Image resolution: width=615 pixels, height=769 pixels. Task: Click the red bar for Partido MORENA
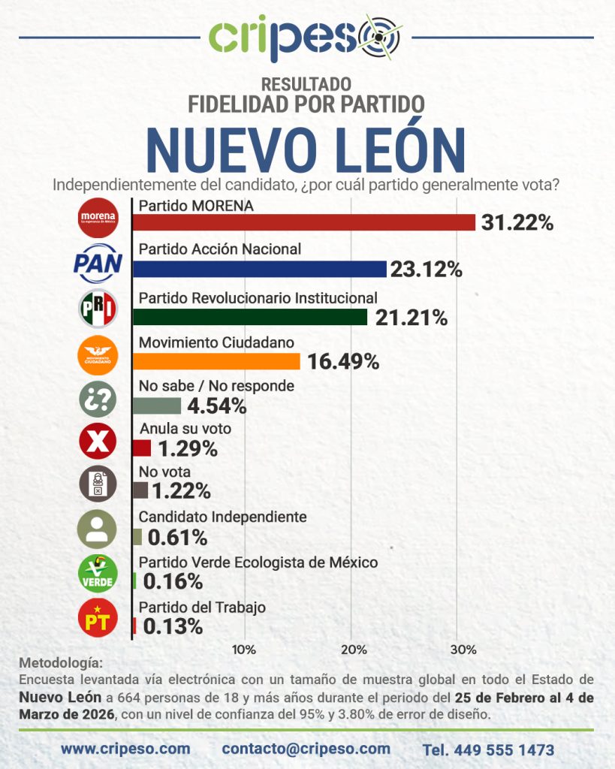(x=303, y=222)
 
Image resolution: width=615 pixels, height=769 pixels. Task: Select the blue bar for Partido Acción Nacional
(x=259, y=269)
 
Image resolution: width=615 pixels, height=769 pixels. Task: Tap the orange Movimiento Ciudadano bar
(x=216, y=361)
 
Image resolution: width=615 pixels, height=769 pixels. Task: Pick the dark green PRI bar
(x=249, y=317)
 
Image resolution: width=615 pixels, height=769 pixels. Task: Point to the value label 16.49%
(x=342, y=362)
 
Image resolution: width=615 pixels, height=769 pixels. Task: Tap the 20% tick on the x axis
(x=354, y=649)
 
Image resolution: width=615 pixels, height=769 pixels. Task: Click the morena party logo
(x=98, y=218)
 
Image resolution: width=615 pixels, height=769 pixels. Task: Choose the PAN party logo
(x=98, y=262)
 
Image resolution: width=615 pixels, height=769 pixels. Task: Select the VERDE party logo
(x=98, y=574)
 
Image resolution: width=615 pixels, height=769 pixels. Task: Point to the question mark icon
(x=98, y=398)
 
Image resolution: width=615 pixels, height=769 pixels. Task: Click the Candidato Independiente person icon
(x=98, y=529)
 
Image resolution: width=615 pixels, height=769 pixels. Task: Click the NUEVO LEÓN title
(x=306, y=150)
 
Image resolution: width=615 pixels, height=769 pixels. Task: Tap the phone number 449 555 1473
(x=488, y=749)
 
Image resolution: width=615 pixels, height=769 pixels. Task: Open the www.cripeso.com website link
(x=125, y=749)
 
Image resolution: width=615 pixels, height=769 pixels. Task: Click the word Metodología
(x=58, y=664)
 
